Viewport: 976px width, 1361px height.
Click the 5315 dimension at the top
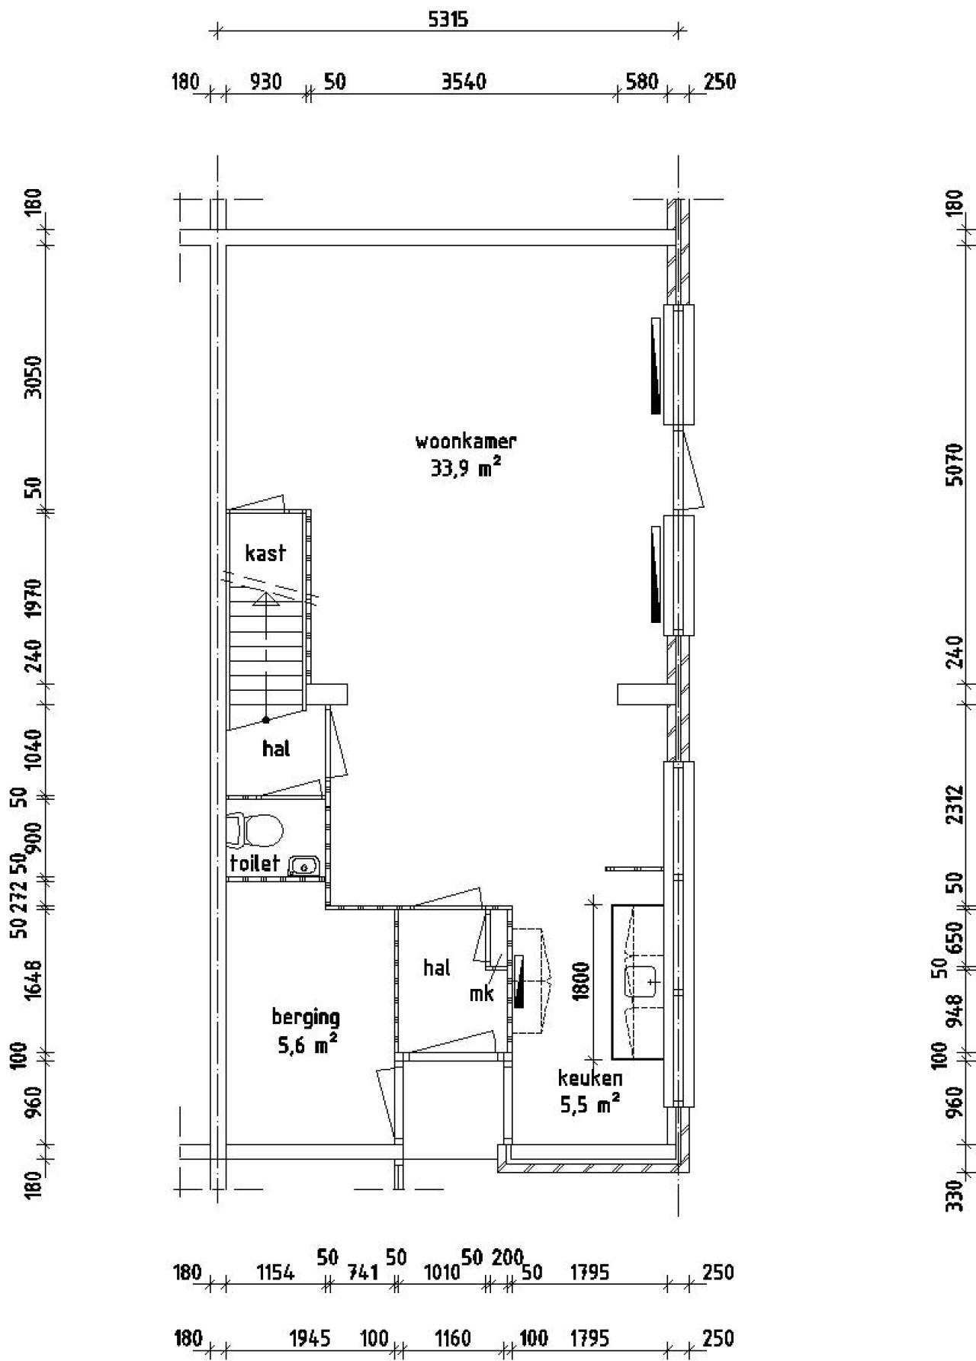(448, 20)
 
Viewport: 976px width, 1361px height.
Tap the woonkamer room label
(466, 441)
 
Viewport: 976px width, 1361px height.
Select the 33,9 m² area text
(466, 467)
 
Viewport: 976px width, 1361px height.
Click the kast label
(265, 553)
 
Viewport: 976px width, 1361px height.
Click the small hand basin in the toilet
(303, 865)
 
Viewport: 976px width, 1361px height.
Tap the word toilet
(255, 863)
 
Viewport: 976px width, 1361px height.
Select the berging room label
(306, 1016)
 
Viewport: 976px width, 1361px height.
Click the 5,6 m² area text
(307, 1044)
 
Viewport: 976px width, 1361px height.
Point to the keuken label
(590, 1078)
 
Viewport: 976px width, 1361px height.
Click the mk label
(482, 993)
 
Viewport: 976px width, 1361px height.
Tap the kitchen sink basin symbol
(642, 982)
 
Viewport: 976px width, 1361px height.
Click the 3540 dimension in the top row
(464, 81)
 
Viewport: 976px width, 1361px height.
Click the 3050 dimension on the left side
(32, 376)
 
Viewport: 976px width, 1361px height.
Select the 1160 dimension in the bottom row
(452, 1338)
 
